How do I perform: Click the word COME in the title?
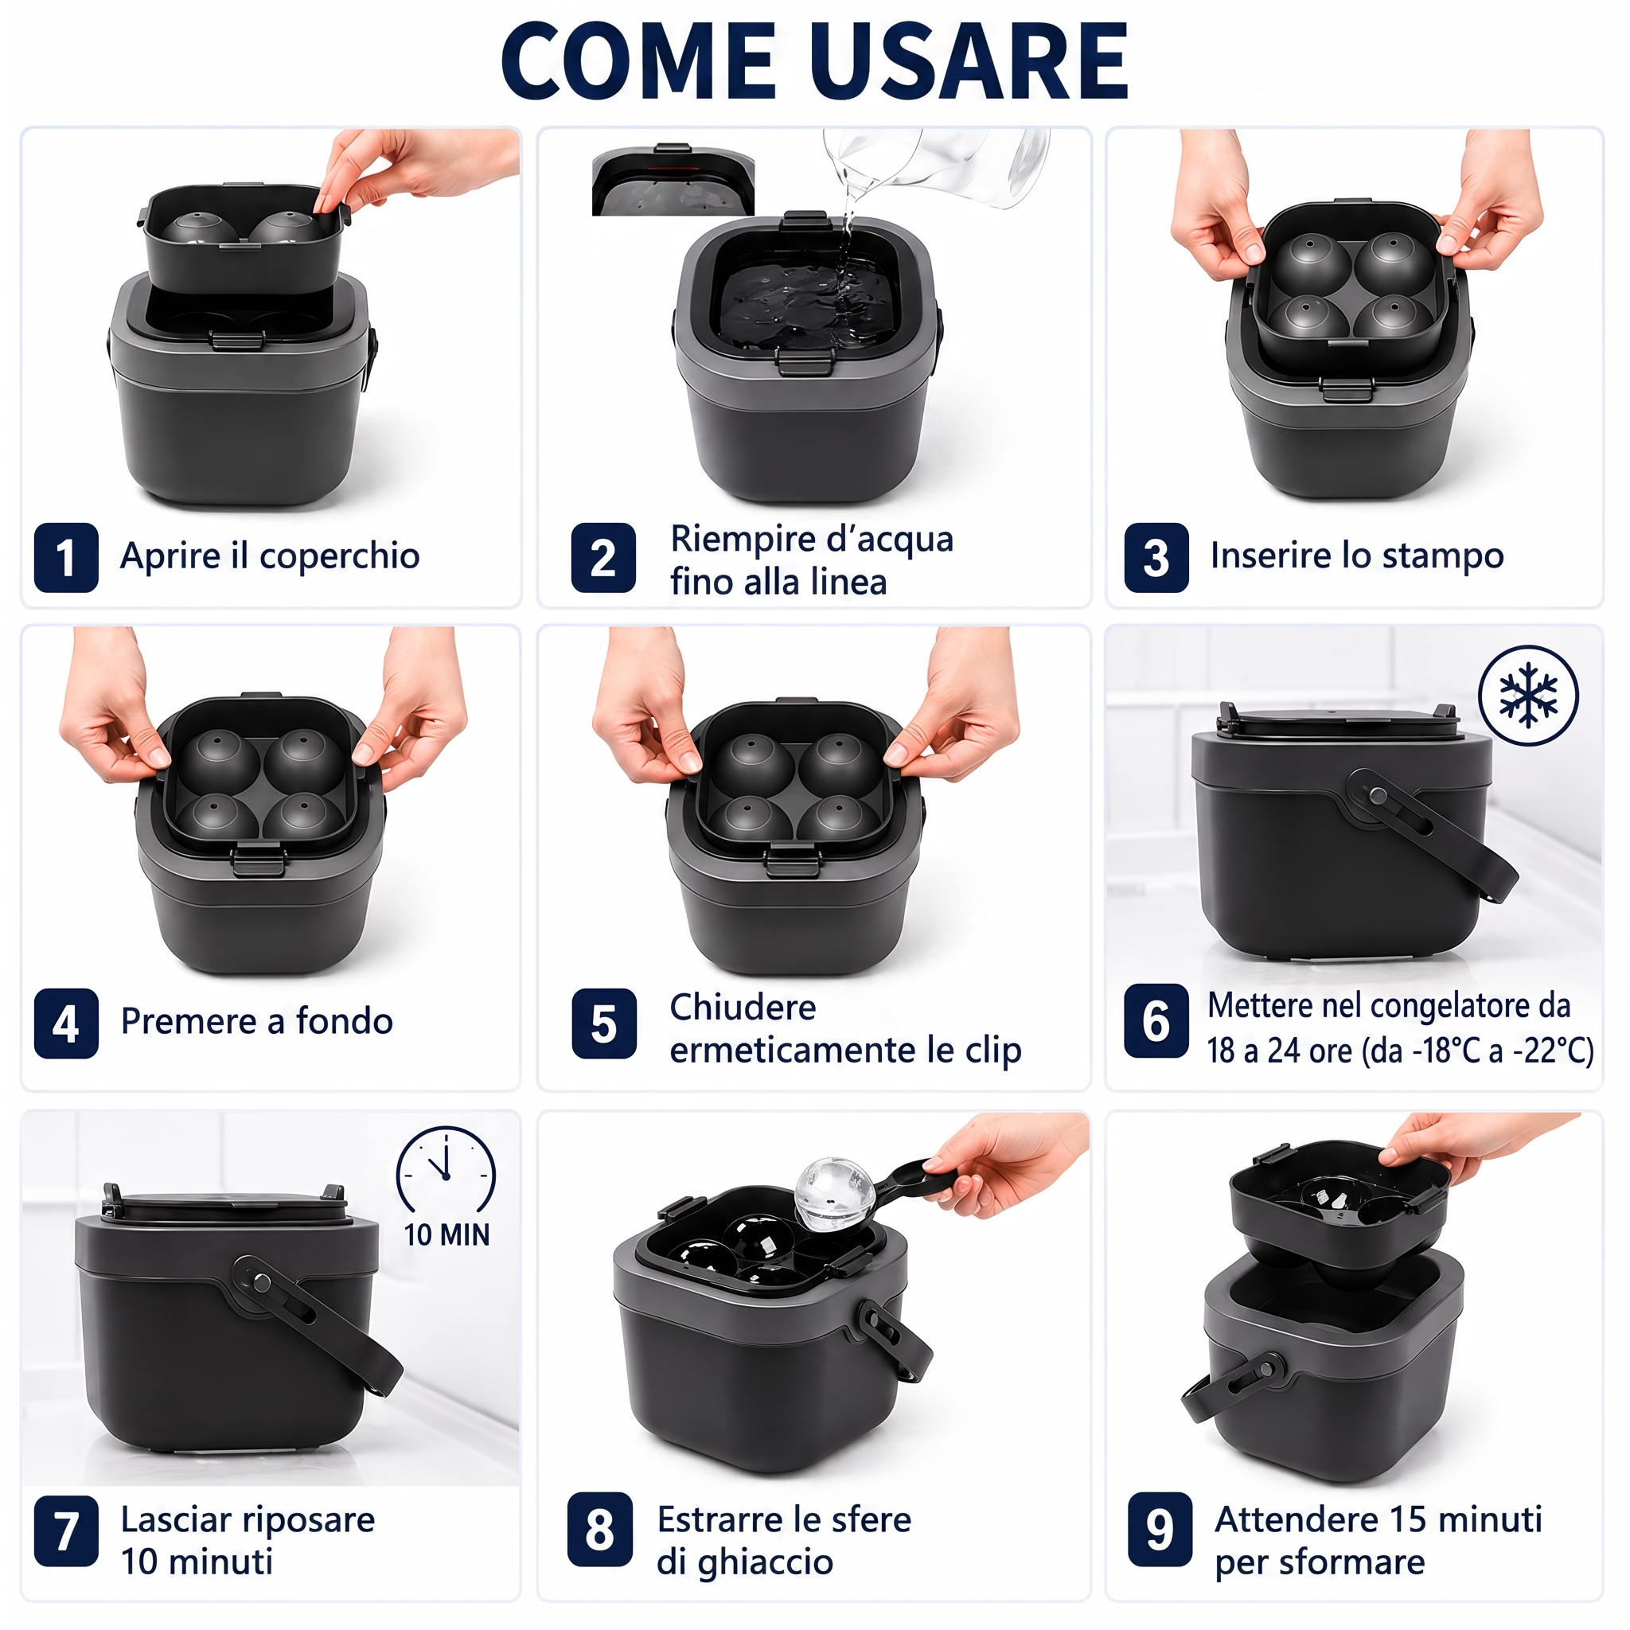[x=638, y=61]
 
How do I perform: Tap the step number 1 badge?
[x=66, y=558]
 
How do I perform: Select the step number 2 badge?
[x=603, y=558]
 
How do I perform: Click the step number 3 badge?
[x=1156, y=558]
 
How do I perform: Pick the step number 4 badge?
[x=66, y=1024]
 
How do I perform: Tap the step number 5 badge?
[x=603, y=1024]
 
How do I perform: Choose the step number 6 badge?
[x=1156, y=1020]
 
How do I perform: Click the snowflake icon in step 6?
[x=1528, y=695]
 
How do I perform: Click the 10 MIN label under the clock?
[x=446, y=1234]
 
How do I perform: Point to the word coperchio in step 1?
[x=339, y=557]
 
